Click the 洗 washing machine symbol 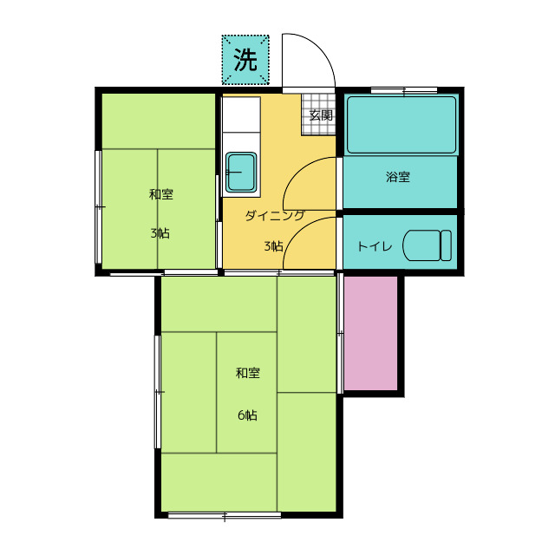click(x=245, y=60)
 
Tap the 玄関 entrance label click(x=321, y=115)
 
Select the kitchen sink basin click(x=241, y=173)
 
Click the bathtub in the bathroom click(x=402, y=125)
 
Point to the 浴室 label click(x=398, y=177)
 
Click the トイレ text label click(x=375, y=246)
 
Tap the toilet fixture click(x=428, y=245)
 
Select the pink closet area click(x=370, y=333)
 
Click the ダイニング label click(x=275, y=215)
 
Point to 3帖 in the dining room click(x=273, y=246)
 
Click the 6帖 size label click(x=247, y=415)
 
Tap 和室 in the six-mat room click(x=248, y=373)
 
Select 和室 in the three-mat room click(x=161, y=194)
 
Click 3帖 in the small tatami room click(x=160, y=233)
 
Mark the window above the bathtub click(x=404, y=91)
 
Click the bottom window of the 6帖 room click(x=225, y=515)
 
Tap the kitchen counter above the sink click(x=241, y=114)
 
